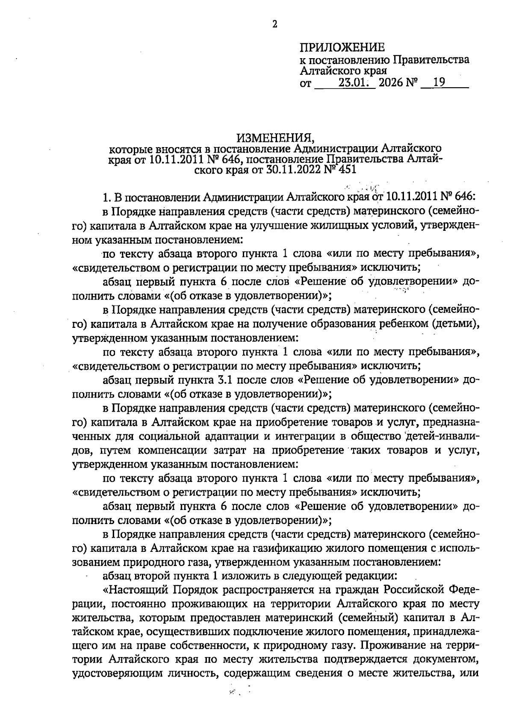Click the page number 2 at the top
(x=275, y=24)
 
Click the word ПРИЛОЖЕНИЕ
(x=342, y=47)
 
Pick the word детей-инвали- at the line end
(x=442, y=436)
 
